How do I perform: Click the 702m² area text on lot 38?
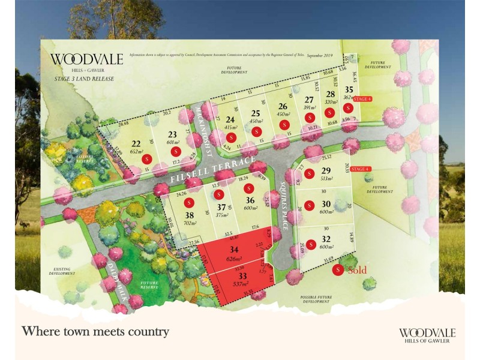190,223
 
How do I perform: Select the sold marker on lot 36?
248,189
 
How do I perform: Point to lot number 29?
326,170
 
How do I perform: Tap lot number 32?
326,238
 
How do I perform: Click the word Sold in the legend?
357,270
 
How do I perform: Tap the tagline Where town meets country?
95,331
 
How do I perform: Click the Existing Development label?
62,271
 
